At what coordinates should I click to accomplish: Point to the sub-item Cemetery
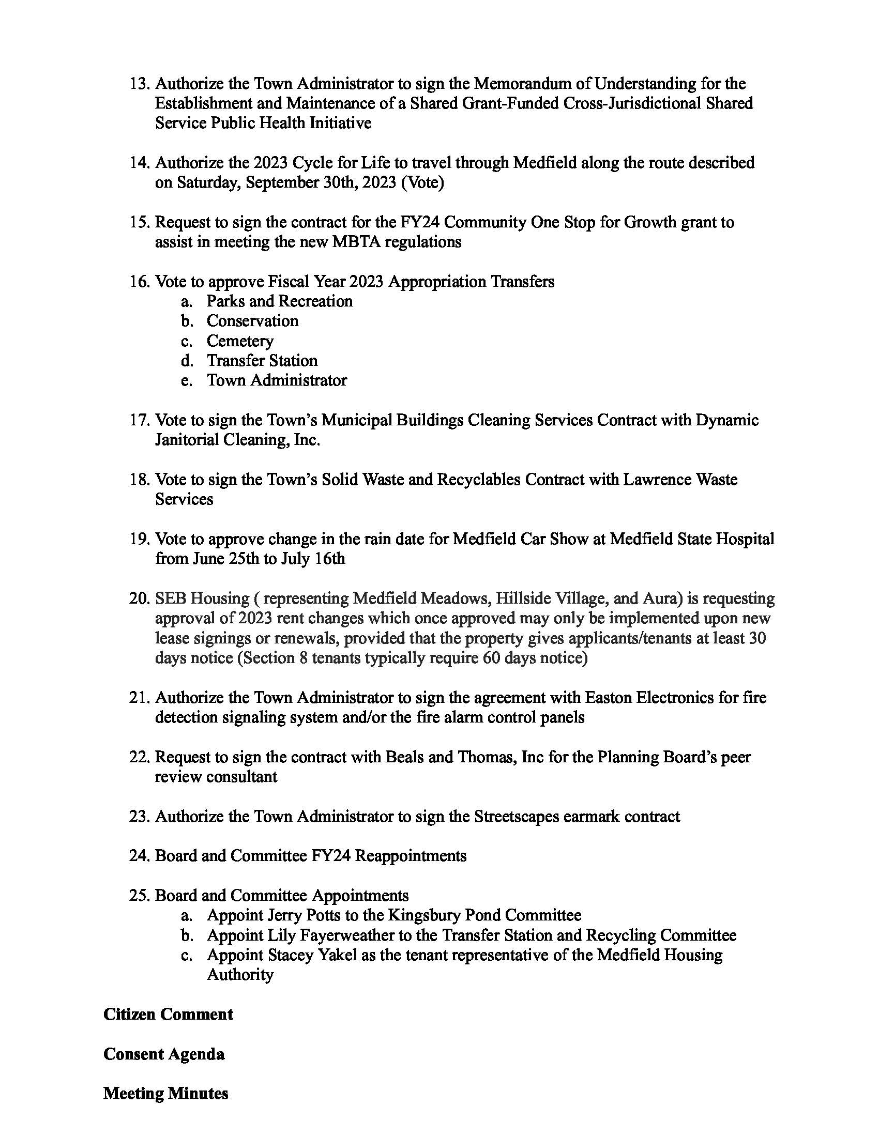pos(239,341)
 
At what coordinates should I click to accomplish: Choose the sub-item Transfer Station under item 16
pos(262,361)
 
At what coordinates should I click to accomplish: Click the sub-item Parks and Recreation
pos(279,301)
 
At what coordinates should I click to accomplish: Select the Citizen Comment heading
pos(168,1014)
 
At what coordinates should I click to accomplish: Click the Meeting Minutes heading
pos(165,1093)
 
